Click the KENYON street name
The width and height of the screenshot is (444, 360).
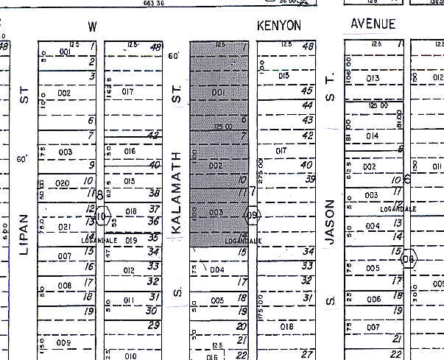tap(279, 25)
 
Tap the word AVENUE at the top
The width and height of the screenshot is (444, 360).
tap(373, 24)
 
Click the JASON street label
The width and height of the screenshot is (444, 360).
tap(331, 221)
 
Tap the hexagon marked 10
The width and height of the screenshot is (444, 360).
tap(102, 216)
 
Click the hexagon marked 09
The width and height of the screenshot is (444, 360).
tap(253, 216)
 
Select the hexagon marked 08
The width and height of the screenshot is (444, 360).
tap(409, 258)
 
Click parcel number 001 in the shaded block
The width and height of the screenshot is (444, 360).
tap(218, 92)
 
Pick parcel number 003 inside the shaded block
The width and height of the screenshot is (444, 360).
tap(216, 212)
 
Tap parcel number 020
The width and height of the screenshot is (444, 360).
tap(63, 183)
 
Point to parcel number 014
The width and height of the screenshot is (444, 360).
tap(372, 135)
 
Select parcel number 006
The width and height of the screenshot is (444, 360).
tap(375, 299)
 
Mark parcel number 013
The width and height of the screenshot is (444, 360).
tap(373, 78)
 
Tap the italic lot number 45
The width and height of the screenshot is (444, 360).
tap(307, 91)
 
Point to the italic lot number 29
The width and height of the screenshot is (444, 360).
tap(153, 325)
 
